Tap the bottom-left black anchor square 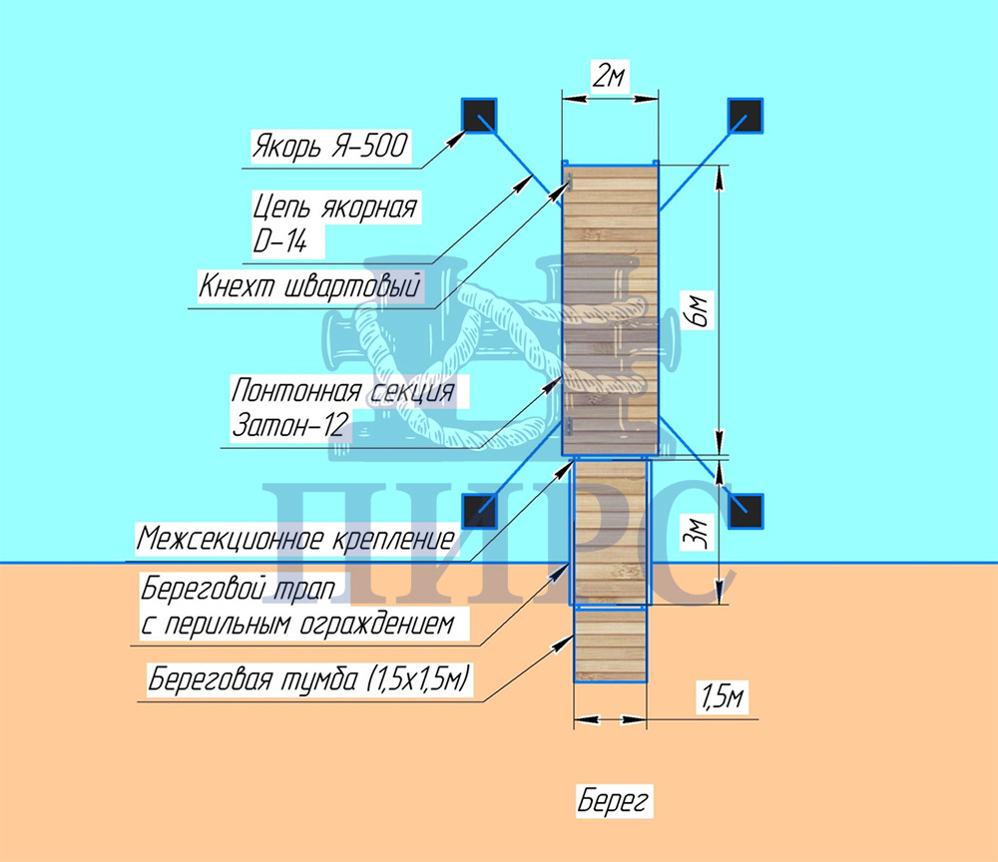[480, 510]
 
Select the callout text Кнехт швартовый [309, 285]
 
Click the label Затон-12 [288, 426]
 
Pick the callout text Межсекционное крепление [295, 541]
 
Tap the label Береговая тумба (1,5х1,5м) [309, 681]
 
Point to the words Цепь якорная [334, 209]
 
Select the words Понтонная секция [344, 389]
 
